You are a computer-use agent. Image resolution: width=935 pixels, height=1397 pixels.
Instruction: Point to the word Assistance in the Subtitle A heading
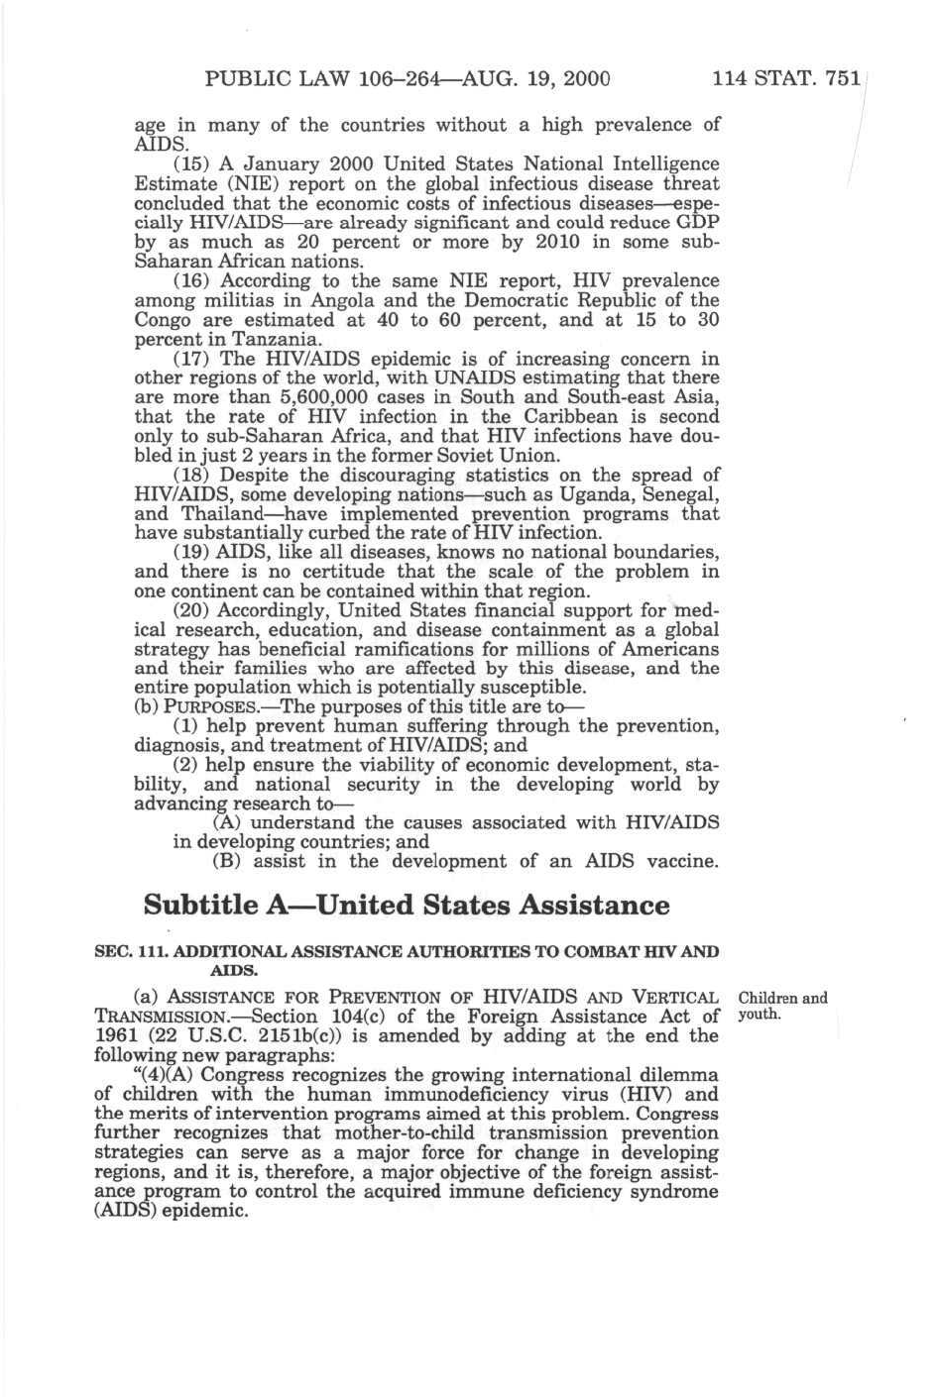point(595,906)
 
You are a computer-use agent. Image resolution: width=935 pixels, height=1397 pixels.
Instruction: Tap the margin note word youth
point(760,1016)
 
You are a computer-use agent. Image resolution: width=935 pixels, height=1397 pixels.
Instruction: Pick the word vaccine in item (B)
point(680,862)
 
